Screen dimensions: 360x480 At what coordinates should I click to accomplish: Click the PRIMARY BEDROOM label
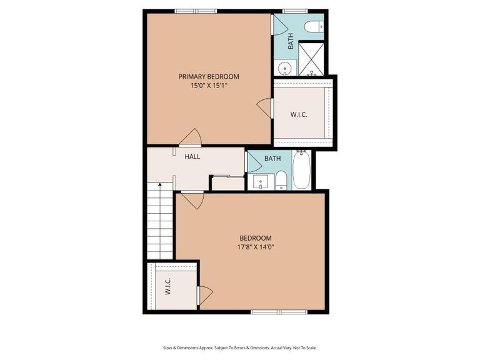tap(209, 76)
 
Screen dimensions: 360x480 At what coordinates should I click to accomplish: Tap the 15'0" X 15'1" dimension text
tap(209, 86)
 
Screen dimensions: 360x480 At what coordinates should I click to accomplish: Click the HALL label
tap(192, 156)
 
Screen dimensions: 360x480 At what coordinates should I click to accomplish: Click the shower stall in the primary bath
tap(311, 58)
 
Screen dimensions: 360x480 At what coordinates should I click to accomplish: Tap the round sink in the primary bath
tap(284, 67)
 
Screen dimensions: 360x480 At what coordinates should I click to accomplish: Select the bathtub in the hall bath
tap(302, 170)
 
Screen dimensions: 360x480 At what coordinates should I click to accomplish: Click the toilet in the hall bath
tap(281, 180)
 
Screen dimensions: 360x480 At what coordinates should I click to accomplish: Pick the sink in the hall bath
tap(260, 182)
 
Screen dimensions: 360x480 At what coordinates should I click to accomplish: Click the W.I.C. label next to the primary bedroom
tap(299, 115)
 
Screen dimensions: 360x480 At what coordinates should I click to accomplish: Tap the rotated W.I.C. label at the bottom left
tap(168, 287)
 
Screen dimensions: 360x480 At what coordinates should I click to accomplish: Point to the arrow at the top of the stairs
tap(160, 185)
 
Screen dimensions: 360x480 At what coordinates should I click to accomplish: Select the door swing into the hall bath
tap(254, 162)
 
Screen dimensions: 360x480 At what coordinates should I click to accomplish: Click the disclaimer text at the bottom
tap(240, 347)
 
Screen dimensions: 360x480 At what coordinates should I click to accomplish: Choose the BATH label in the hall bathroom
tap(272, 158)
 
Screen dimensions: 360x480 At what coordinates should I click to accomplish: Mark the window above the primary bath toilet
tap(295, 11)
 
